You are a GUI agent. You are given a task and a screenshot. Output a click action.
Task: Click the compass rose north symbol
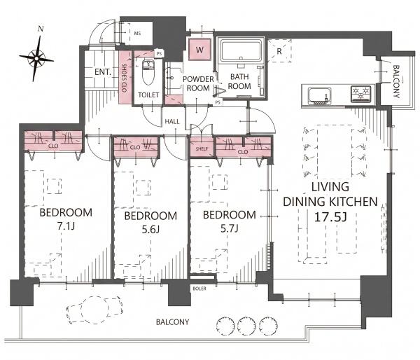(36, 57)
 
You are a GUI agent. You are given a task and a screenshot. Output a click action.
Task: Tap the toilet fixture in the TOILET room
(148, 71)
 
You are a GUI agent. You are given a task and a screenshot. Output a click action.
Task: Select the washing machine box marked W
(199, 50)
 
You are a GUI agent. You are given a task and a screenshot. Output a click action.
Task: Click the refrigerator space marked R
(279, 51)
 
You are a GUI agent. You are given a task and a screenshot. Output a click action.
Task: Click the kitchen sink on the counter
(320, 96)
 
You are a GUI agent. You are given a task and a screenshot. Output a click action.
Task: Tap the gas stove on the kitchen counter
(361, 94)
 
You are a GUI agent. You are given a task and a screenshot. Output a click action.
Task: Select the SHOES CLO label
(125, 78)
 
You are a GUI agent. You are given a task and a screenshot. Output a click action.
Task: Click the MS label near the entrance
(137, 34)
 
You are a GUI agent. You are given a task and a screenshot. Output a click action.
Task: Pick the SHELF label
(202, 148)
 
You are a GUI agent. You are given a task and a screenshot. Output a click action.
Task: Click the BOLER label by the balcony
(199, 289)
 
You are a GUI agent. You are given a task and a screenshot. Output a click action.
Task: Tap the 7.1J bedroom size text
(66, 226)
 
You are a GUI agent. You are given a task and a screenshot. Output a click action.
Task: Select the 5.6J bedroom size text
(150, 230)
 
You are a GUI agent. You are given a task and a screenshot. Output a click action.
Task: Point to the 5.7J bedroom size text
(230, 228)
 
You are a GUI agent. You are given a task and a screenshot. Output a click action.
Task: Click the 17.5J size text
(330, 217)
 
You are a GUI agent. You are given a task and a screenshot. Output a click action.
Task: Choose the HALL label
(172, 122)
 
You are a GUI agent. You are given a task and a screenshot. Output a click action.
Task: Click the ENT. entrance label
(103, 72)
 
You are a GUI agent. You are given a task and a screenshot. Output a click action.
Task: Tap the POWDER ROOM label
(198, 83)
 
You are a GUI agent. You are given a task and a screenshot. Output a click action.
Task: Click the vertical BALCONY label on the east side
(396, 81)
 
